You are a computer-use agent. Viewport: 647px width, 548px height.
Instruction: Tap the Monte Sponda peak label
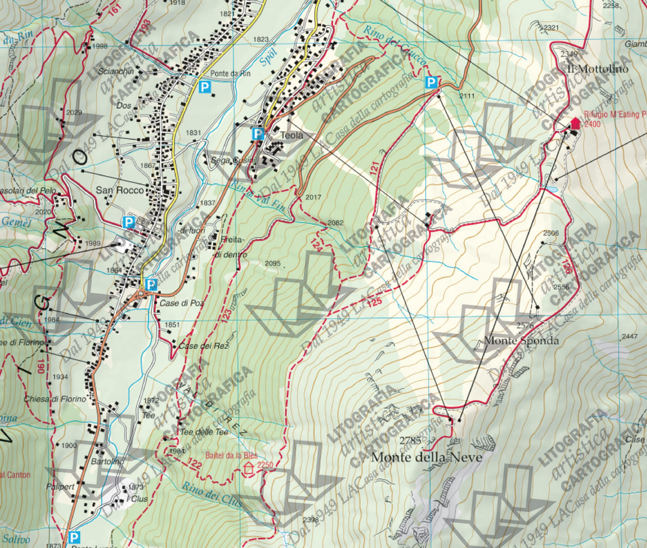click(x=522, y=341)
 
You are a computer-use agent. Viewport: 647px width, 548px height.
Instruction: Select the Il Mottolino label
click(x=597, y=69)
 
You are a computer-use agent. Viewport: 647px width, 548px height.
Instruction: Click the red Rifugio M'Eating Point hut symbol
click(x=575, y=123)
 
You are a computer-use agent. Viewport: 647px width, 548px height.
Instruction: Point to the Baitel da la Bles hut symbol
click(x=249, y=467)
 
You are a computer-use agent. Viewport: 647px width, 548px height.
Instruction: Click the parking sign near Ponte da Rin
click(x=204, y=86)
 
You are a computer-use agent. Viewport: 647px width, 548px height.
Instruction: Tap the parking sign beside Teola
click(x=258, y=133)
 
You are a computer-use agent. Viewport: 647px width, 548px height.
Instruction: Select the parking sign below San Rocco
click(x=128, y=222)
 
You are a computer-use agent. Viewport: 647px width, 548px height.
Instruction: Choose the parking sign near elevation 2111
click(x=430, y=83)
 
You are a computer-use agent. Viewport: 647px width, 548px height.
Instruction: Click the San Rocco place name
click(x=120, y=190)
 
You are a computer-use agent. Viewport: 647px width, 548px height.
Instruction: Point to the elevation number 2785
click(x=410, y=441)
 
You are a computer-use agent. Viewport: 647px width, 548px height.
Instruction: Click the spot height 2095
click(x=273, y=264)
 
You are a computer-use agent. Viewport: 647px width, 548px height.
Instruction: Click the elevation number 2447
click(x=630, y=337)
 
